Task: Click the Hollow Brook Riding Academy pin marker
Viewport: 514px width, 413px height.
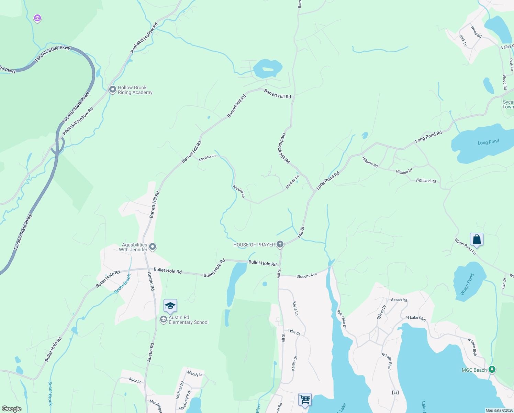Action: (x=112, y=89)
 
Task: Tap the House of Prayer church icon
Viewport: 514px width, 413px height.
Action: (x=280, y=244)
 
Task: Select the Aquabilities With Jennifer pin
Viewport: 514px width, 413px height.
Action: (x=153, y=247)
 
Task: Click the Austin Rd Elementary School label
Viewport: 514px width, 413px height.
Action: (x=188, y=320)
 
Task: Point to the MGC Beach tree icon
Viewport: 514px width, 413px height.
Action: (x=492, y=370)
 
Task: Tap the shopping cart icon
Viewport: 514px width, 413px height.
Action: (x=305, y=400)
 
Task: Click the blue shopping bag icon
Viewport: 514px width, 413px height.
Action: (x=477, y=239)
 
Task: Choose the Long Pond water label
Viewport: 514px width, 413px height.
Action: (x=488, y=142)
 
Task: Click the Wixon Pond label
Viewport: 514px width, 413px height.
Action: (x=467, y=284)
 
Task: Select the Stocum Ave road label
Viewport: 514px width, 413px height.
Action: (x=306, y=276)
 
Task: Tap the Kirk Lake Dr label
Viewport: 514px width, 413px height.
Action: (x=342, y=319)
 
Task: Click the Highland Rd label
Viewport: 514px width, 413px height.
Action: (x=425, y=180)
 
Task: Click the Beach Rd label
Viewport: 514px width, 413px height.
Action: (x=399, y=300)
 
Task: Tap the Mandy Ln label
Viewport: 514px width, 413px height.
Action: (x=195, y=374)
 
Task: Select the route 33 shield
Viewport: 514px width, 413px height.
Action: (x=395, y=393)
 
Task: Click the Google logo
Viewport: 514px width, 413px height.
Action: (x=12, y=409)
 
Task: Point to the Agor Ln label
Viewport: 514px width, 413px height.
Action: (x=135, y=381)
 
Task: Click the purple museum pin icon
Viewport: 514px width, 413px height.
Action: (x=37, y=18)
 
